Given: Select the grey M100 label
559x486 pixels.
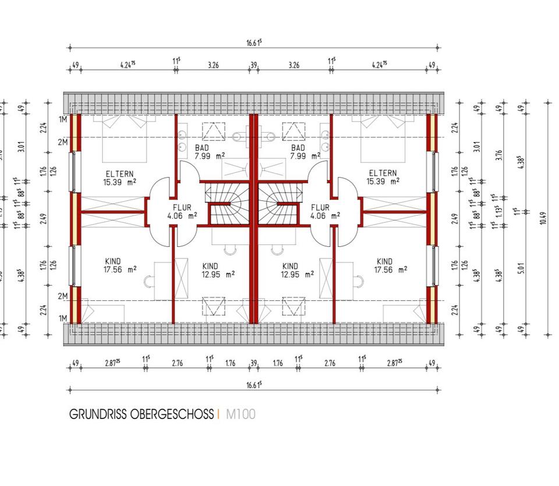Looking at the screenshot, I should (240, 414).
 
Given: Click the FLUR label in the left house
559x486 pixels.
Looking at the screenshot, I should (182, 208).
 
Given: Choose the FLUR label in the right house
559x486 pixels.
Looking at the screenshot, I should (320, 208).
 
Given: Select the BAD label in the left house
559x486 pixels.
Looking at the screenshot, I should (201, 148).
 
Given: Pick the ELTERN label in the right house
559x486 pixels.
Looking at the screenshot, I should (382, 173).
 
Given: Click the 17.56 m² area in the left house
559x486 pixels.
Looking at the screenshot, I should (120, 269).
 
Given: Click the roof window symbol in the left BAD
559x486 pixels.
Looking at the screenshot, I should (213, 132).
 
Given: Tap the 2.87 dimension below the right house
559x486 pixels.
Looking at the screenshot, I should (398, 363).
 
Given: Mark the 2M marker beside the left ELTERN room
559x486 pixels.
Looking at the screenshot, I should (63, 141).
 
